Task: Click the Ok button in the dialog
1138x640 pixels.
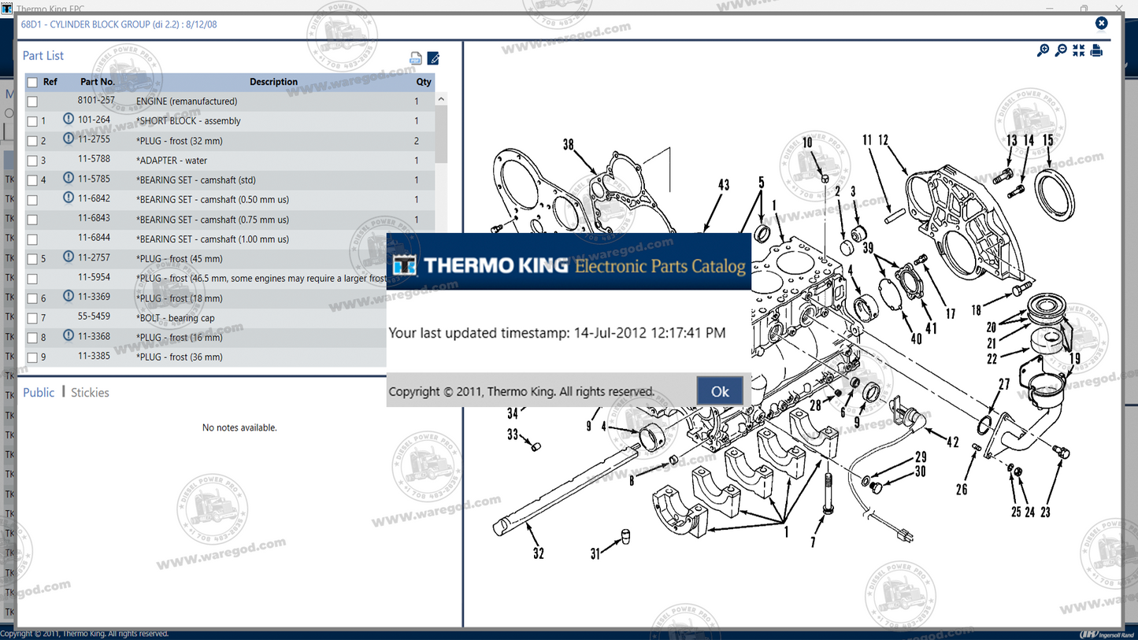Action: [720, 391]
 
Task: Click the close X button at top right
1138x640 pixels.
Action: [1101, 24]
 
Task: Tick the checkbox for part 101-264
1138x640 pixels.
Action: [32, 121]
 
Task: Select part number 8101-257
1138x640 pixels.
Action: [96, 101]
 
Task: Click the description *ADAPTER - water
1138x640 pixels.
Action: [172, 161]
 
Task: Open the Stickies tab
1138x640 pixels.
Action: [90, 392]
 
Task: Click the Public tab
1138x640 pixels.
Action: [39, 392]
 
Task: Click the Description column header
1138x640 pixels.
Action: [273, 82]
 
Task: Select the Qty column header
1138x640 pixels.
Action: [424, 82]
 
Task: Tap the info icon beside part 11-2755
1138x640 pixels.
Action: [69, 139]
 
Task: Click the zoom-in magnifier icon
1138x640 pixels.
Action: [1043, 50]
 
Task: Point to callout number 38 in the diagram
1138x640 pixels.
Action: [568, 145]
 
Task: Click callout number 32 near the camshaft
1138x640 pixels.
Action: [538, 553]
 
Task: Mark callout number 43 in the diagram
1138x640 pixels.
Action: [723, 185]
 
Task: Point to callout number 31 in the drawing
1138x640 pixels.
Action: [595, 554]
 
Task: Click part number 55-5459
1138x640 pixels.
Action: [94, 317]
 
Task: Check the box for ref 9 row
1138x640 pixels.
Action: [32, 357]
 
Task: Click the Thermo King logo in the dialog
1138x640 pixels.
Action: [405, 265]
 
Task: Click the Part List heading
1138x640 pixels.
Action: [43, 56]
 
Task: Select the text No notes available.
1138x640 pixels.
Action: [239, 427]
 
